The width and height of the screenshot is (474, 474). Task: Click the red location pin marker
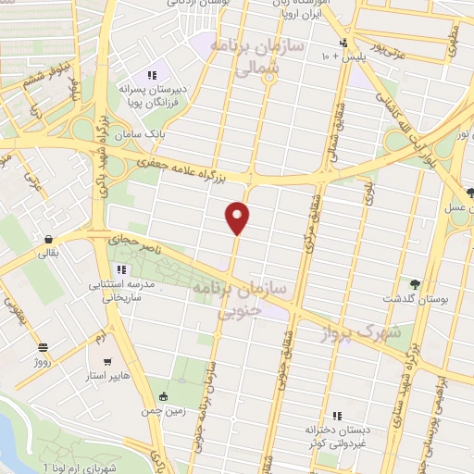click(238, 217)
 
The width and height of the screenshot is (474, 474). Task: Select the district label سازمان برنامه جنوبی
click(240, 302)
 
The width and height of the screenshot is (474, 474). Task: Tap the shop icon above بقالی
click(45, 236)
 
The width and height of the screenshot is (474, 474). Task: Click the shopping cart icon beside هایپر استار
click(109, 362)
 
